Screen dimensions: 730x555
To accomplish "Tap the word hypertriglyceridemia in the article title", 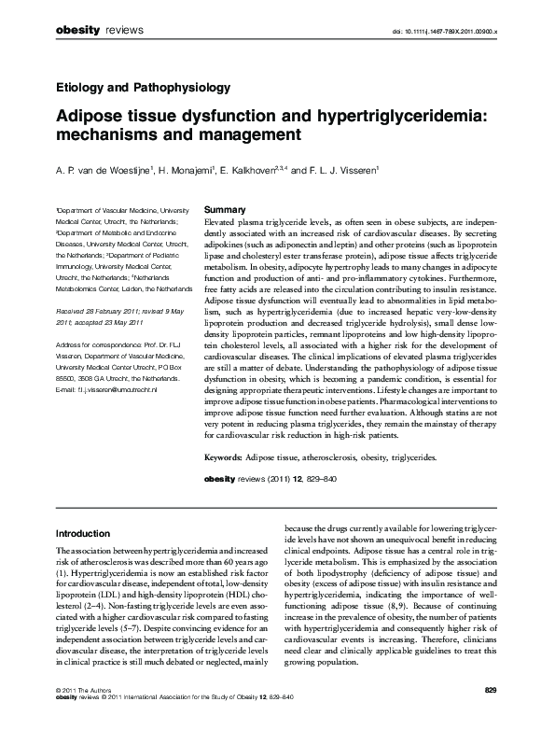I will (425, 116).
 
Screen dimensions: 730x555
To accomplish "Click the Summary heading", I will (225, 209).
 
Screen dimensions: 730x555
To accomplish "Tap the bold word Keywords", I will (223, 459).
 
